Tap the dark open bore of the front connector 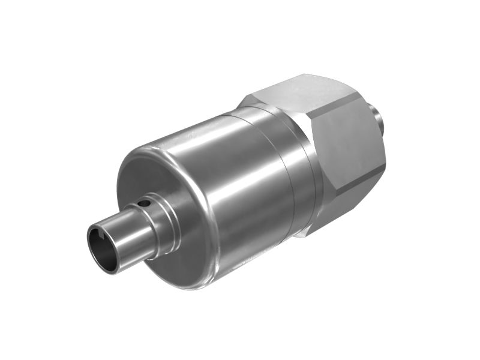point(101,246)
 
